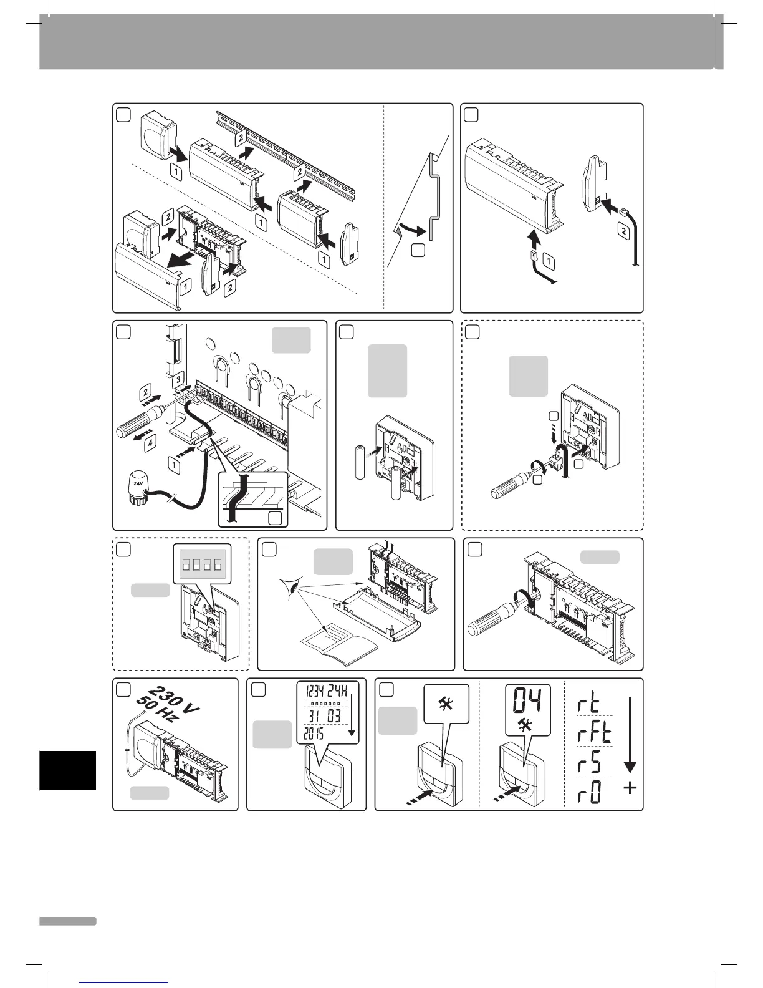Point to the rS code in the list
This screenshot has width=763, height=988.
(587, 762)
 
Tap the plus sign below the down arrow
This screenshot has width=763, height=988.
(630, 788)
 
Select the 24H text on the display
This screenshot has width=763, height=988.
(343, 692)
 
